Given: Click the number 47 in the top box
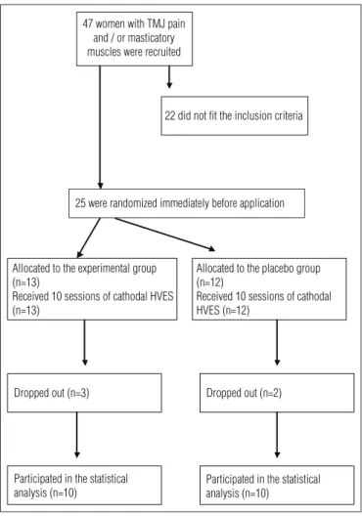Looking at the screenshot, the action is pos(88,23).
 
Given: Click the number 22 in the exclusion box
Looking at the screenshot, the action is pos(170,115).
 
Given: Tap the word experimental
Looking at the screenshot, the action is pos(104,269).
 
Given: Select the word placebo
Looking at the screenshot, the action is pos(274,269).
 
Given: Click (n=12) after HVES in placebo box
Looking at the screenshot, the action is pos(236,311).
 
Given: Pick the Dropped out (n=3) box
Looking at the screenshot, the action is pos(84,393).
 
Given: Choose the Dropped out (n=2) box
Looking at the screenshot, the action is pos(277,393).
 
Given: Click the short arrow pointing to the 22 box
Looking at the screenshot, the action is pos(169,77).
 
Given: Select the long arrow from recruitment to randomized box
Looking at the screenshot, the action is pos(100,127).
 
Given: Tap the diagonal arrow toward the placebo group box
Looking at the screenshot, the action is pos(165,235).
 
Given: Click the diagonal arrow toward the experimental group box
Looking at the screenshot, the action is pos(89,237).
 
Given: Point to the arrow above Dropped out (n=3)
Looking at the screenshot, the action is pos(85,343).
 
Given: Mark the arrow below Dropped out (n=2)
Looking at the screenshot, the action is pos(277,435).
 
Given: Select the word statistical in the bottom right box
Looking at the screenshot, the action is pos(299,479).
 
